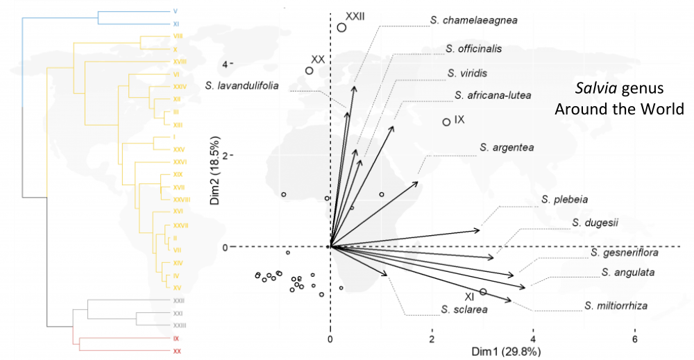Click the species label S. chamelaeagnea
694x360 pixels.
(x=474, y=20)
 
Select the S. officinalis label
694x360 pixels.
(x=474, y=49)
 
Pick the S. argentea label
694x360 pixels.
(x=507, y=148)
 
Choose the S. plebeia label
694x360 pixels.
(x=565, y=200)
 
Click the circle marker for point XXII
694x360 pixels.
(x=341, y=27)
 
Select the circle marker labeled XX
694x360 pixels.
(x=310, y=70)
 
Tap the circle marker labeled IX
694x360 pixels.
(x=446, y=122)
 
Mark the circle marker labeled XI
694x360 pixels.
(x=483, y=292)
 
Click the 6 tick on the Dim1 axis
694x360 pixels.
(x=634, y=338)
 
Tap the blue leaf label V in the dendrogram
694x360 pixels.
(x=175, y=12)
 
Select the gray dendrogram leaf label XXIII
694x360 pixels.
(x=180, y=325)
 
